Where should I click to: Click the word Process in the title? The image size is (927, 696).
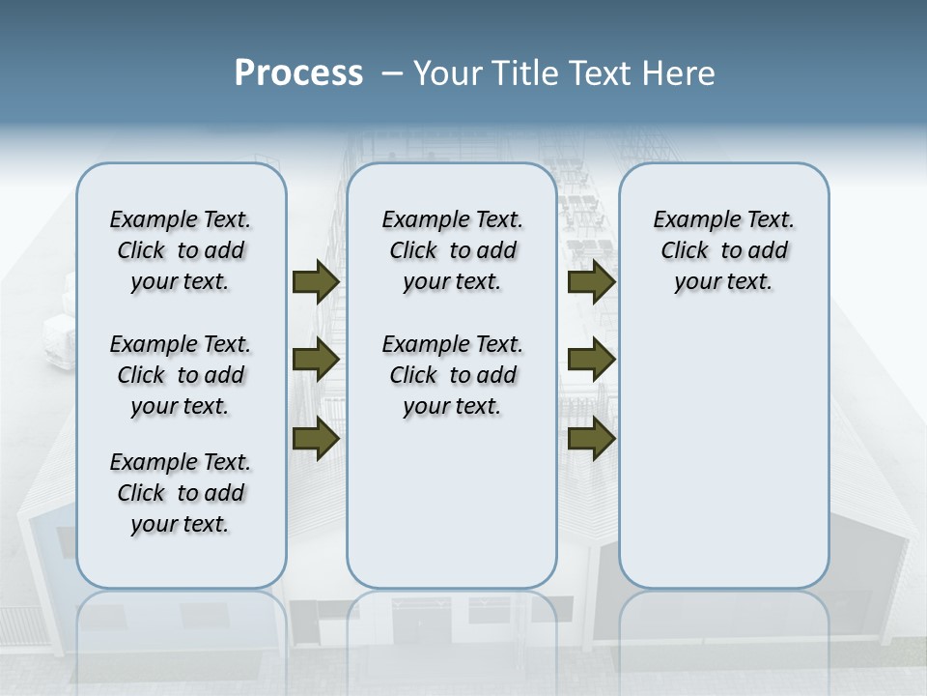coord(298,73)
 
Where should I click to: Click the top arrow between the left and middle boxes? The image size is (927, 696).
coord(315,281)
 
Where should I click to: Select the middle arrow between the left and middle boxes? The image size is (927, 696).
coord(315,360)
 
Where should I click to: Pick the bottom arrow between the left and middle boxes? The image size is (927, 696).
coord(315,438)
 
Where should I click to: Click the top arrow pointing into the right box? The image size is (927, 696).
coord(591,281)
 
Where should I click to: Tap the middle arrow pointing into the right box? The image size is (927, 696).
coord(591,360)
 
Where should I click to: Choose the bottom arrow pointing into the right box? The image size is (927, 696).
coord(591,438)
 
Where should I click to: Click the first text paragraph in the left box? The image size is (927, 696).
coord(181,250)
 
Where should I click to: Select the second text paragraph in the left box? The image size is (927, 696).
coord(181,375)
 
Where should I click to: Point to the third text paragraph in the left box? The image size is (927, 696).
coord(181,493)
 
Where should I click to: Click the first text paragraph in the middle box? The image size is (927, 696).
coord(452,250)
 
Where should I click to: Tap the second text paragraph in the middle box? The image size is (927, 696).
coord(452,375)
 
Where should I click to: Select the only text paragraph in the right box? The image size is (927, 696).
coord(723,250)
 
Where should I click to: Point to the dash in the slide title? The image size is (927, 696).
coord(392,73)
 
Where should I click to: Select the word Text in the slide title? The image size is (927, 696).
coord(598,73)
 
